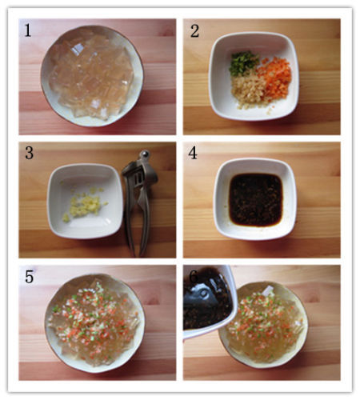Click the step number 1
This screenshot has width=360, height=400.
coord(28,30)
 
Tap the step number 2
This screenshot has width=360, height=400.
coord(194,31)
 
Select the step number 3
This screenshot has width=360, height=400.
coord(29,153)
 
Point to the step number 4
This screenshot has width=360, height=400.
coord(193,153)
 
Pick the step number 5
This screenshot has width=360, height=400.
coord(29,277)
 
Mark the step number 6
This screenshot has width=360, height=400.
coord(194,277)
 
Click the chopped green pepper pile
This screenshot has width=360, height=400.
coord(243,63)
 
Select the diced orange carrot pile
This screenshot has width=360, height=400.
coord(274,77)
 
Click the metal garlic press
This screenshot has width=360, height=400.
coord(140,200)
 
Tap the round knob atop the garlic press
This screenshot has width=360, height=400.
coord(145,154)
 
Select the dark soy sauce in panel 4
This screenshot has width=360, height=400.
coord(255,199)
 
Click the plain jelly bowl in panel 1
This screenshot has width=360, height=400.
coord(92,76)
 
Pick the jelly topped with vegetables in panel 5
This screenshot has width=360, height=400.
coord(94,322)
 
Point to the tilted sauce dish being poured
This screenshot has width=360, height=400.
coord(210,302)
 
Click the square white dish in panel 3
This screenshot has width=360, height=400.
coord(85,201)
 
